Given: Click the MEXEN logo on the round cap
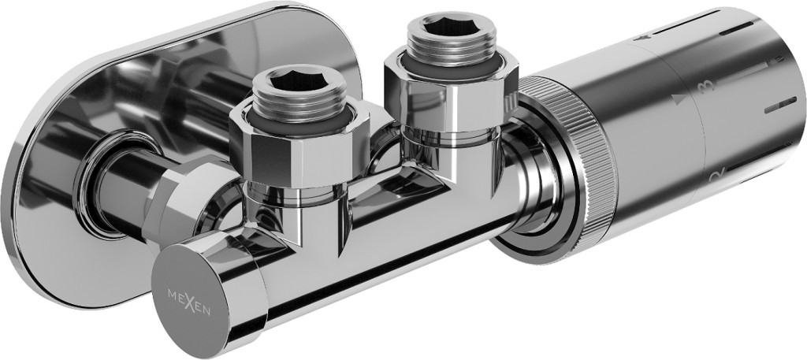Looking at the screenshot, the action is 189,302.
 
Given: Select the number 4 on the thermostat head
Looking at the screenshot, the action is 642,37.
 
